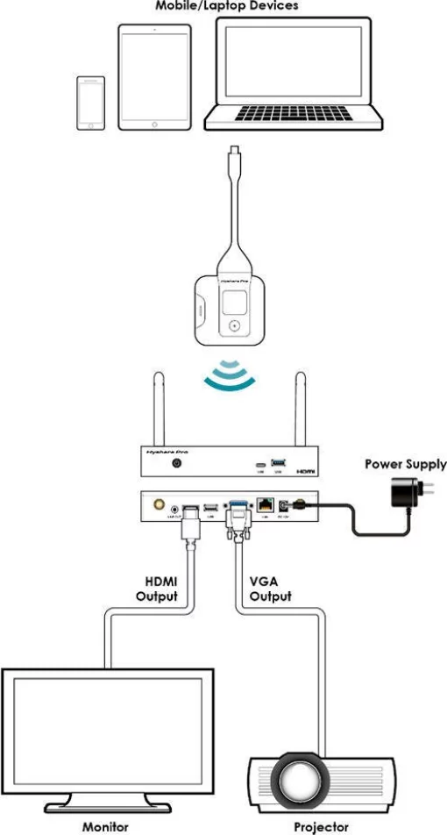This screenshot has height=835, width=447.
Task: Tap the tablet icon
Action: coord(154,76)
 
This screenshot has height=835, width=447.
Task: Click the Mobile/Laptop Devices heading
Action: coord(227,5)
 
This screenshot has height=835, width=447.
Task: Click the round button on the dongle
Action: coord(233,325)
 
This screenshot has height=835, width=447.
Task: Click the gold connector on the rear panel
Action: coord(160,505)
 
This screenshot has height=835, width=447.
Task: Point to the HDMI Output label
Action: coord(159,589)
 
